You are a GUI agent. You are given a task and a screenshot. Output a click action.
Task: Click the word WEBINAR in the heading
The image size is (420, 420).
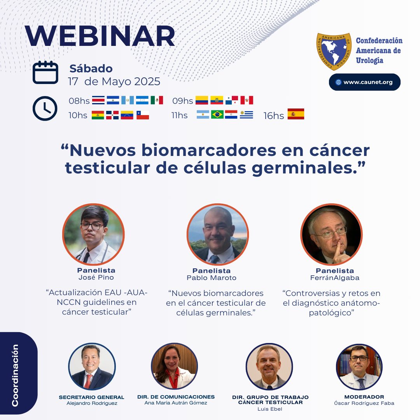tap(100, 37)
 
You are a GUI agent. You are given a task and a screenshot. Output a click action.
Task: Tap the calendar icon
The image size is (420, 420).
tap(45, 72)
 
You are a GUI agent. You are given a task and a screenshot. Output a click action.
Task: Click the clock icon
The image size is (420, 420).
tap(45, 108)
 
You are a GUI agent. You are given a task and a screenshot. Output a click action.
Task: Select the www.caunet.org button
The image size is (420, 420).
tap(364, 82)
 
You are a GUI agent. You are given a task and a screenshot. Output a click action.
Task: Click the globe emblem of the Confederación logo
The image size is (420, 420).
tap(334, 51)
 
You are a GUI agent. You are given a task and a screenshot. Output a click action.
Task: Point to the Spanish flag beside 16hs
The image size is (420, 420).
tap(296, 114)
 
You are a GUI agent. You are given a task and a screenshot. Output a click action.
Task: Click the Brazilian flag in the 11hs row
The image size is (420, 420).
tap(217, 115)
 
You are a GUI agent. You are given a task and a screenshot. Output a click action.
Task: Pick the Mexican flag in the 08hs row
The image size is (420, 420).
tap(157, 100)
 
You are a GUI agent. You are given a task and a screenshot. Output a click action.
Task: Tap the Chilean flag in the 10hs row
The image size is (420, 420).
tap(142, 115)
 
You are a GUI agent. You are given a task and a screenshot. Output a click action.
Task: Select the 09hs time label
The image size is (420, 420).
tap(182, 101)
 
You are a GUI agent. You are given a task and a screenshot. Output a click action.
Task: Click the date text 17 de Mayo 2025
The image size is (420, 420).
tap(114, 81)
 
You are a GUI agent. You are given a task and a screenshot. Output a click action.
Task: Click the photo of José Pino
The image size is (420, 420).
tap(93, 234)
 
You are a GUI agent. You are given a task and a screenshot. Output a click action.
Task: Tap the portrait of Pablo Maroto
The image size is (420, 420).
tap(217, 234)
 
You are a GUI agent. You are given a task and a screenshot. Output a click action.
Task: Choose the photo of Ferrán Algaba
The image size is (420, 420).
tap(331, 234)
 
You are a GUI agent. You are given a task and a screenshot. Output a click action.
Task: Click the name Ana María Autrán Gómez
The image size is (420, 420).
tap(176, 403)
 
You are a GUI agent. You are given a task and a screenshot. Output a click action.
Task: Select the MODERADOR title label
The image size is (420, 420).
tap(359, 397)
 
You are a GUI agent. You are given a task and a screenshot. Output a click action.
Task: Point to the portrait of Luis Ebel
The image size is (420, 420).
tap(269, 367)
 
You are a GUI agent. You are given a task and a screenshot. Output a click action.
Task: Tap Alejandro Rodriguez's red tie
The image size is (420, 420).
tap(88, 381)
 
